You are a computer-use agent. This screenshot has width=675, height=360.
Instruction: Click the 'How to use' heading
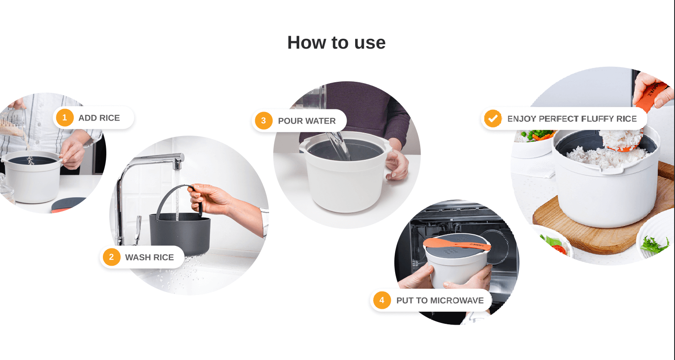tap(336, 43)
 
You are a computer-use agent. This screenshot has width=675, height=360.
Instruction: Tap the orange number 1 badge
tap(65, 118)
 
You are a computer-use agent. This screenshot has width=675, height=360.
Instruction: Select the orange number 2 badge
tap(111, 257)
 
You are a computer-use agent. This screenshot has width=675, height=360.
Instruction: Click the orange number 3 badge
tap(263, 121)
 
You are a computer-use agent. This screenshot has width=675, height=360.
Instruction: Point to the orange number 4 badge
tap(382, 300)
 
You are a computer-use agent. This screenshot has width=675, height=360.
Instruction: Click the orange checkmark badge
tap(493, 118)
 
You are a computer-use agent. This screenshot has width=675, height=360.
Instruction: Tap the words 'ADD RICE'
tap(99, 118)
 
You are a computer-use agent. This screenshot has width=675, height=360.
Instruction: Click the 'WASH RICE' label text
tap(149, 257)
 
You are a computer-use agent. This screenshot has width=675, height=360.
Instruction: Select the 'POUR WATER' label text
tap(307, 121)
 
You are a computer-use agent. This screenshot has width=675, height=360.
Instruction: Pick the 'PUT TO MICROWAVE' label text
tap(440, 301)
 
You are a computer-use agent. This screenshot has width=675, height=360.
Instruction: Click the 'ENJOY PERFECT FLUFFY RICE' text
tap(572, 119)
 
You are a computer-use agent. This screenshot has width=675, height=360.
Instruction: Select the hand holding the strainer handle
tap(211, 199)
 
